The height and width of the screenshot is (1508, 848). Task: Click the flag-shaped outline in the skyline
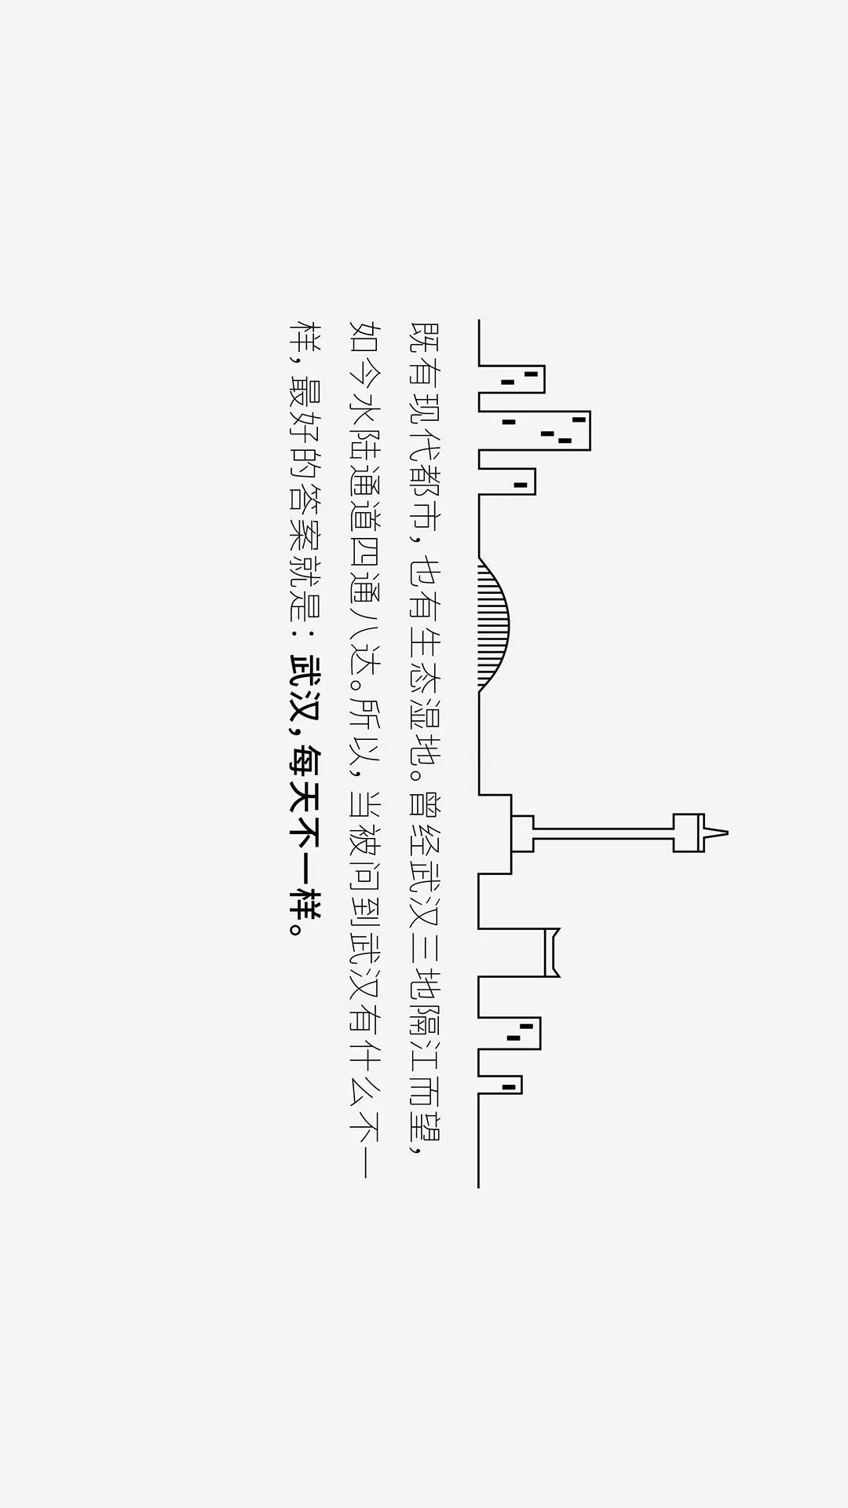coord(552,952)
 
